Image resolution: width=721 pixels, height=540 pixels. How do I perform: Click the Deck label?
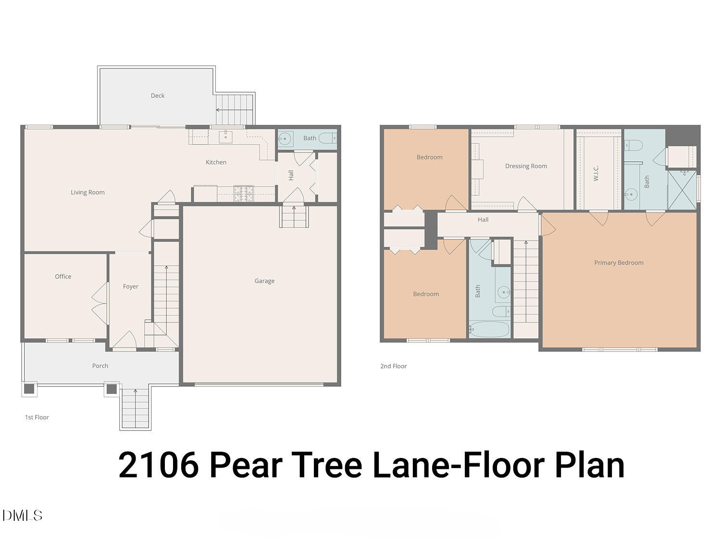click(157, 96)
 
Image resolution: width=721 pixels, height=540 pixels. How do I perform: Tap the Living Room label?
click(87, 192)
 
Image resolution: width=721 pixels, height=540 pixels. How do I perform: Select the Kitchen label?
click(216, 162)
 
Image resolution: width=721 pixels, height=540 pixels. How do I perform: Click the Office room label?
click(63, 276)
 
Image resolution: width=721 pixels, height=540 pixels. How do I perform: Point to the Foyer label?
click(130, 287)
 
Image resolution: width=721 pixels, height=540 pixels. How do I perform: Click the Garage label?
click(264, 281)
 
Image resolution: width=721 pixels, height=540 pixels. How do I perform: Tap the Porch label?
click(100, 366)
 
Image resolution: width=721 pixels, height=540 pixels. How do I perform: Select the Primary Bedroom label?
click(618, 263)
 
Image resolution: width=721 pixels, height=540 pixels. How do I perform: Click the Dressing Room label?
click(526, 166)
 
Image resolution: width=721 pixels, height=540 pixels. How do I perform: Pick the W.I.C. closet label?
click(596, 173)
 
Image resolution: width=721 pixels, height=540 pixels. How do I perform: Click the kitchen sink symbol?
click(226, 137)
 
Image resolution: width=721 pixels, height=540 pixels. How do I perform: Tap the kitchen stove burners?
click(244, 193)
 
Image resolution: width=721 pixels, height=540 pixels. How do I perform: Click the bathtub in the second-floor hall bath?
click(489, 330)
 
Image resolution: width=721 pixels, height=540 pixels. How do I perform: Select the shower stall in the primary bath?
click(682, 190)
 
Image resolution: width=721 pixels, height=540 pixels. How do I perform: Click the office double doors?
click(100, 299)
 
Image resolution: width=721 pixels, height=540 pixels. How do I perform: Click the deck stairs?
click(234, 109)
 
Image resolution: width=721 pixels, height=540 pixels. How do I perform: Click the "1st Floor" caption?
click(37, 417)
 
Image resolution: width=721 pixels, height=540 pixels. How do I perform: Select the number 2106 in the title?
click(158, 465)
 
